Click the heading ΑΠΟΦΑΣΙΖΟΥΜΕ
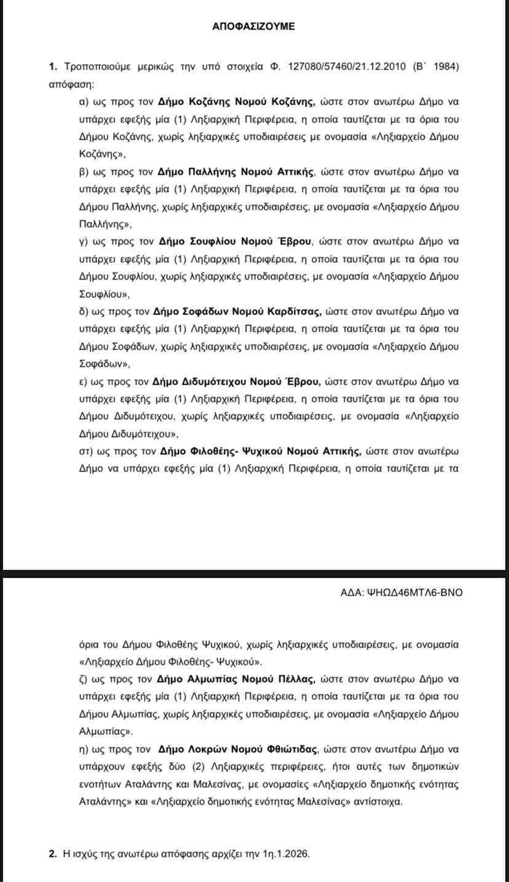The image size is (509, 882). coord(254,26)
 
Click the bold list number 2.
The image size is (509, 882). coord(53,854)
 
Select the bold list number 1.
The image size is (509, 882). coord(53,66)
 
